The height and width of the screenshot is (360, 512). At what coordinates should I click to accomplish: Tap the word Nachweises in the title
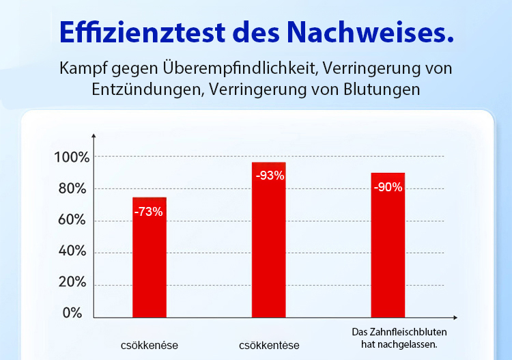(x=371, y=31)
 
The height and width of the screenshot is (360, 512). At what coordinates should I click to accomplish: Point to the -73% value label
(x=149, y=212)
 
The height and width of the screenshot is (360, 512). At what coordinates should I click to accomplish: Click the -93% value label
(x=270, y=176)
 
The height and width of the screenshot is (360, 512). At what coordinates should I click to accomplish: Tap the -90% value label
(x=388, y=187)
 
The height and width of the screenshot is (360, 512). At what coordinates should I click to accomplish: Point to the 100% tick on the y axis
(x=72, y=158)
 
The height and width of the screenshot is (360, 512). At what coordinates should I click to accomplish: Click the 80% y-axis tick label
(x=72, y=189)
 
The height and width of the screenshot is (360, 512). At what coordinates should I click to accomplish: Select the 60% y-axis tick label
(x=72, y=221)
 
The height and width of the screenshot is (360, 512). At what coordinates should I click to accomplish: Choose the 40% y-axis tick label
(x=72, y=252)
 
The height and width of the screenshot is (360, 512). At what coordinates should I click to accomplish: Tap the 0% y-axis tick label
(x=72, y=314)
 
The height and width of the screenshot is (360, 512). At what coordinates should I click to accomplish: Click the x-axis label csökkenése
(x=149, y=345)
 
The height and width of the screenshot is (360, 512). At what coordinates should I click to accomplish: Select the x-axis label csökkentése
(x=269, y=345)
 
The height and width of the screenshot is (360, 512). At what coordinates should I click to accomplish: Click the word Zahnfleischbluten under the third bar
(x=406, y=332)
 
